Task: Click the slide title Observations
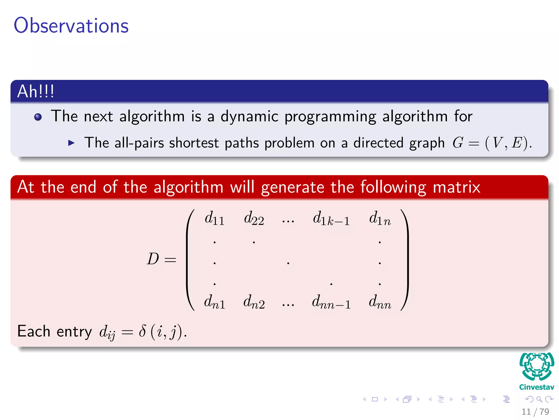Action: [x=71, y=25]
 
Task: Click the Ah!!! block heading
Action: [x=36, y=91]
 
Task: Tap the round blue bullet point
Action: [x=38, y=117]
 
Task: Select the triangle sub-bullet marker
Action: [x=71, y=143]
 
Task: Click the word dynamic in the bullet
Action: [x=249, y=116]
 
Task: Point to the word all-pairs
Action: [x=139, y=143]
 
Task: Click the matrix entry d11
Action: [x=215, y=219]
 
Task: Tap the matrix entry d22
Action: [x=254, y=219]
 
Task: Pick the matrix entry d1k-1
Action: [x=331, y=219]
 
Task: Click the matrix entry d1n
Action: [x=380, y=219]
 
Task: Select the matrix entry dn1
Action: [x=215, y=302]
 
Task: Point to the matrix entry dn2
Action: [x=254, y=302]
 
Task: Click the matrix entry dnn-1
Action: [x=331, y=302]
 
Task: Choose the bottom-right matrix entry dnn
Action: [x=380, y=302]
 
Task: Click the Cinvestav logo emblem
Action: [x=537, y=366]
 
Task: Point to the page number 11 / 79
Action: [x=535, y=412]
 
